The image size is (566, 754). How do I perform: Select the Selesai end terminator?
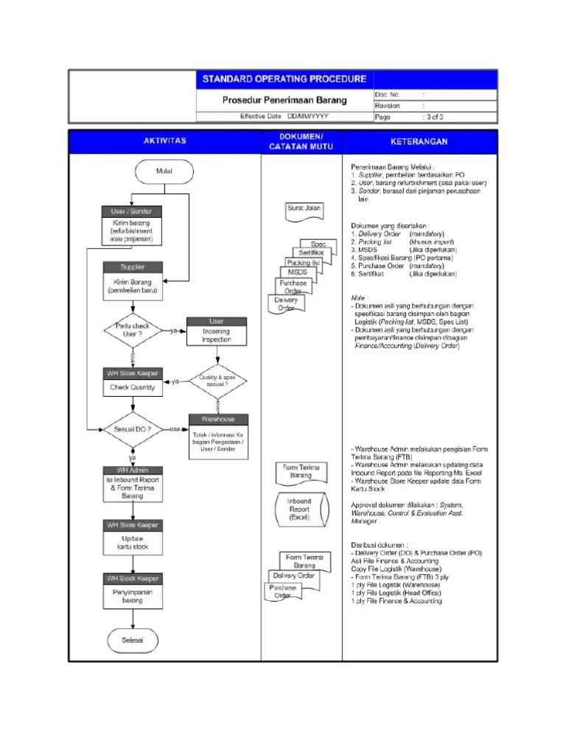pyautogui.click(x=133, y=640)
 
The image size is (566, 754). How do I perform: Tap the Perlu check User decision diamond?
pyautogui.click(x=133, y=329)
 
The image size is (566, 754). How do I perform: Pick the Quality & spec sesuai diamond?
pyautogui.click(x=218, y=381)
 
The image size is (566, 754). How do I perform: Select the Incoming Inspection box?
pyautogui.click(x=217, y=336)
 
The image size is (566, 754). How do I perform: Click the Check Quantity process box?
pyautogui.click(x=133, y=387)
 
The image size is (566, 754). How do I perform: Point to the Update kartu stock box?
pyautogui.click(x=133, y=543)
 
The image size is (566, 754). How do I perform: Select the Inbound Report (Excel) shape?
pyautogui.click(x=298, y=510)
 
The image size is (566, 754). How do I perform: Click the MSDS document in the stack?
pyautogui.click(x=302, y=272)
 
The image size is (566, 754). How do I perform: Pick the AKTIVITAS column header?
pyautogui.click(x=164, y=140)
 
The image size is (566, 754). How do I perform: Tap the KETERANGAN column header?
pyautogui.click(x=419, y=141)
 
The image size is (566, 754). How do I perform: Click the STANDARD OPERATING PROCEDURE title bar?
pyautogui.click(x=284, y=79)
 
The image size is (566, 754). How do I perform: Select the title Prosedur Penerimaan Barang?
pyautogui.click(x=284, y=99)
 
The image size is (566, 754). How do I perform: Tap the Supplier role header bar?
pyautogui.click(x=133, y=267)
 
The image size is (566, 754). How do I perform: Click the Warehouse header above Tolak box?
pyautogui.click(x=217, y=419)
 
